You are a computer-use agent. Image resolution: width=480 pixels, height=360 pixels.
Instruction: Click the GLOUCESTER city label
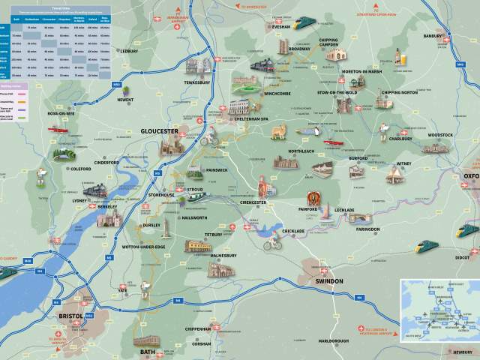click(159, 131)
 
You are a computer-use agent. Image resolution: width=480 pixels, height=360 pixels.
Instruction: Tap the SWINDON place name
click(327, 280)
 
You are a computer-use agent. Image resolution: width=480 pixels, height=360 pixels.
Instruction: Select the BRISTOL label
click(72, 316)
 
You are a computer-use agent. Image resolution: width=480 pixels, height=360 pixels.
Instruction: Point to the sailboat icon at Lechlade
click(325, 213)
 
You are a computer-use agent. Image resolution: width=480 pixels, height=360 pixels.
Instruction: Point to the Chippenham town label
click(199, 328)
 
